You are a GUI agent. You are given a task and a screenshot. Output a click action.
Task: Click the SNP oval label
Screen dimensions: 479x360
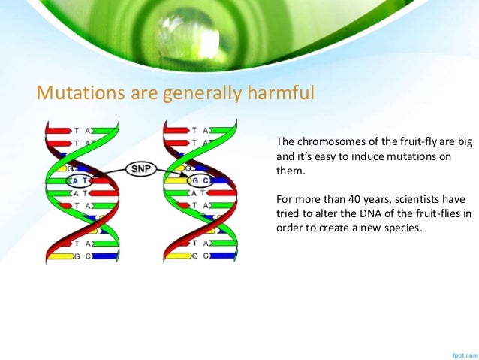[141, 169]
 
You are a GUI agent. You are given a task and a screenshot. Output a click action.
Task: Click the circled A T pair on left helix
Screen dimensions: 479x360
[79, 181]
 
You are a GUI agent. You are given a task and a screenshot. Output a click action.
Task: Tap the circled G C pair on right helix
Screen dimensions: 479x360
[199, 181]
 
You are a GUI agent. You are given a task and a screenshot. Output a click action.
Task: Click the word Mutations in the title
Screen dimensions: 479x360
[80, 92]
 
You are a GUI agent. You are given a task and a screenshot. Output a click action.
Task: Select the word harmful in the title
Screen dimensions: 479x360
[281, 92]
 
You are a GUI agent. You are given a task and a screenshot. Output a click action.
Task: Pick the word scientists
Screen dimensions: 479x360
[417, 200]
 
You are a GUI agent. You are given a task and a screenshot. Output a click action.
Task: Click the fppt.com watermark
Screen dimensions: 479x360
[465, 355]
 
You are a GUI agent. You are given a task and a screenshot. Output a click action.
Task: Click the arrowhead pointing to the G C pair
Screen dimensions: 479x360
[183, 174]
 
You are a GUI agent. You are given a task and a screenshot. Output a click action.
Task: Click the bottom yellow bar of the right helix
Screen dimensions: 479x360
[179, 256]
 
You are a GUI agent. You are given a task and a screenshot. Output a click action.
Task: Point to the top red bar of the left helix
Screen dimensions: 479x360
[59, 131]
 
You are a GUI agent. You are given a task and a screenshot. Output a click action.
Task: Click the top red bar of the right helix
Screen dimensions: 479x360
[176, 131]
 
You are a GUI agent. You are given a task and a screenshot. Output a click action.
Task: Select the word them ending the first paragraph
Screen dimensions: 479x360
[291, 171]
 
